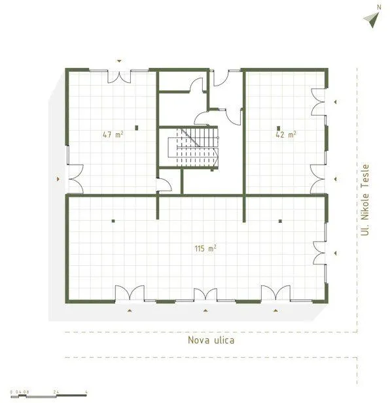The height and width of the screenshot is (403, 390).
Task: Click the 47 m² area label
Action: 113,135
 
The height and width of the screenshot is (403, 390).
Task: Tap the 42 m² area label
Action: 286,135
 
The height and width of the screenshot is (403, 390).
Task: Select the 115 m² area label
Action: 205,248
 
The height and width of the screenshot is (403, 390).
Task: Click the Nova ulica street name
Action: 211,340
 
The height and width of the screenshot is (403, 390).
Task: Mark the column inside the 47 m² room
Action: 137,127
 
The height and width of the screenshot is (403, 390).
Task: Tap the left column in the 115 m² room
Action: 113,220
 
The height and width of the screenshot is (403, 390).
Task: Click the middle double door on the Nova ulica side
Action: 205,295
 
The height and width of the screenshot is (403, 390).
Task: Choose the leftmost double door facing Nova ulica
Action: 130,294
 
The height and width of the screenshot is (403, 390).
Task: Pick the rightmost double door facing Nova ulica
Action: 275,294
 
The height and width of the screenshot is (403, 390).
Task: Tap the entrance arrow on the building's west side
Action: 58,178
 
